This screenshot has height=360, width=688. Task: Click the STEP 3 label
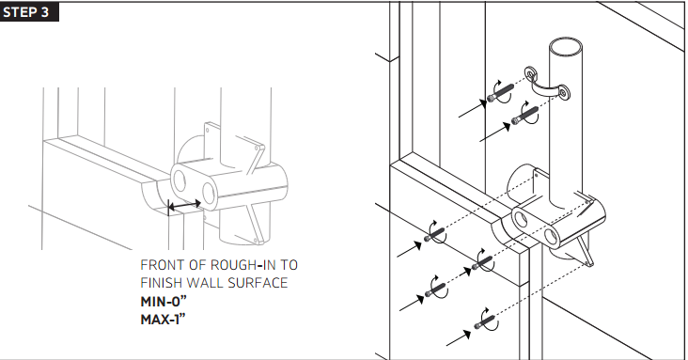pyautogui.click(x=31, y=13)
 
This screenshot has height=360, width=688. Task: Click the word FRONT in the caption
pyautogui.click(x=163, y=265)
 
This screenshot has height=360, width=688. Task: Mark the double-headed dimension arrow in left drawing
pyautogui.click(x=183, y=203)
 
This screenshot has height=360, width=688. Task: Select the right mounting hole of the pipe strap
pyautogui.click(x=566, y=93)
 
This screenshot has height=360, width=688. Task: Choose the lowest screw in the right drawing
pyautogui.click(x=488, y=326)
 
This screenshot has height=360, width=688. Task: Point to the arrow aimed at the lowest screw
pyautogui.click(x=459, y=336)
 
